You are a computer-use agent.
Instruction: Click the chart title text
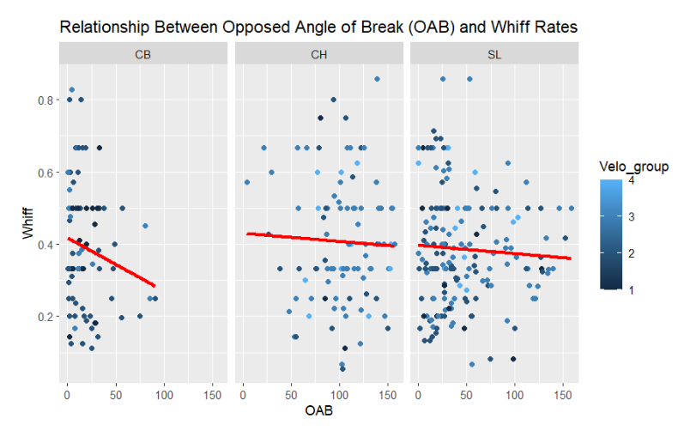click(318, 27)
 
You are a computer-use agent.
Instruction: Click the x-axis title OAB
click(318, 411)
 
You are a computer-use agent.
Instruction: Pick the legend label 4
click(633, 181)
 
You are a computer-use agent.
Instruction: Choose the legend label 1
click(633, 291)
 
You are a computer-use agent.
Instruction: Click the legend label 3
click(633, 218)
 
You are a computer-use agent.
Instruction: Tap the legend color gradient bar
click(610, 236)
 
